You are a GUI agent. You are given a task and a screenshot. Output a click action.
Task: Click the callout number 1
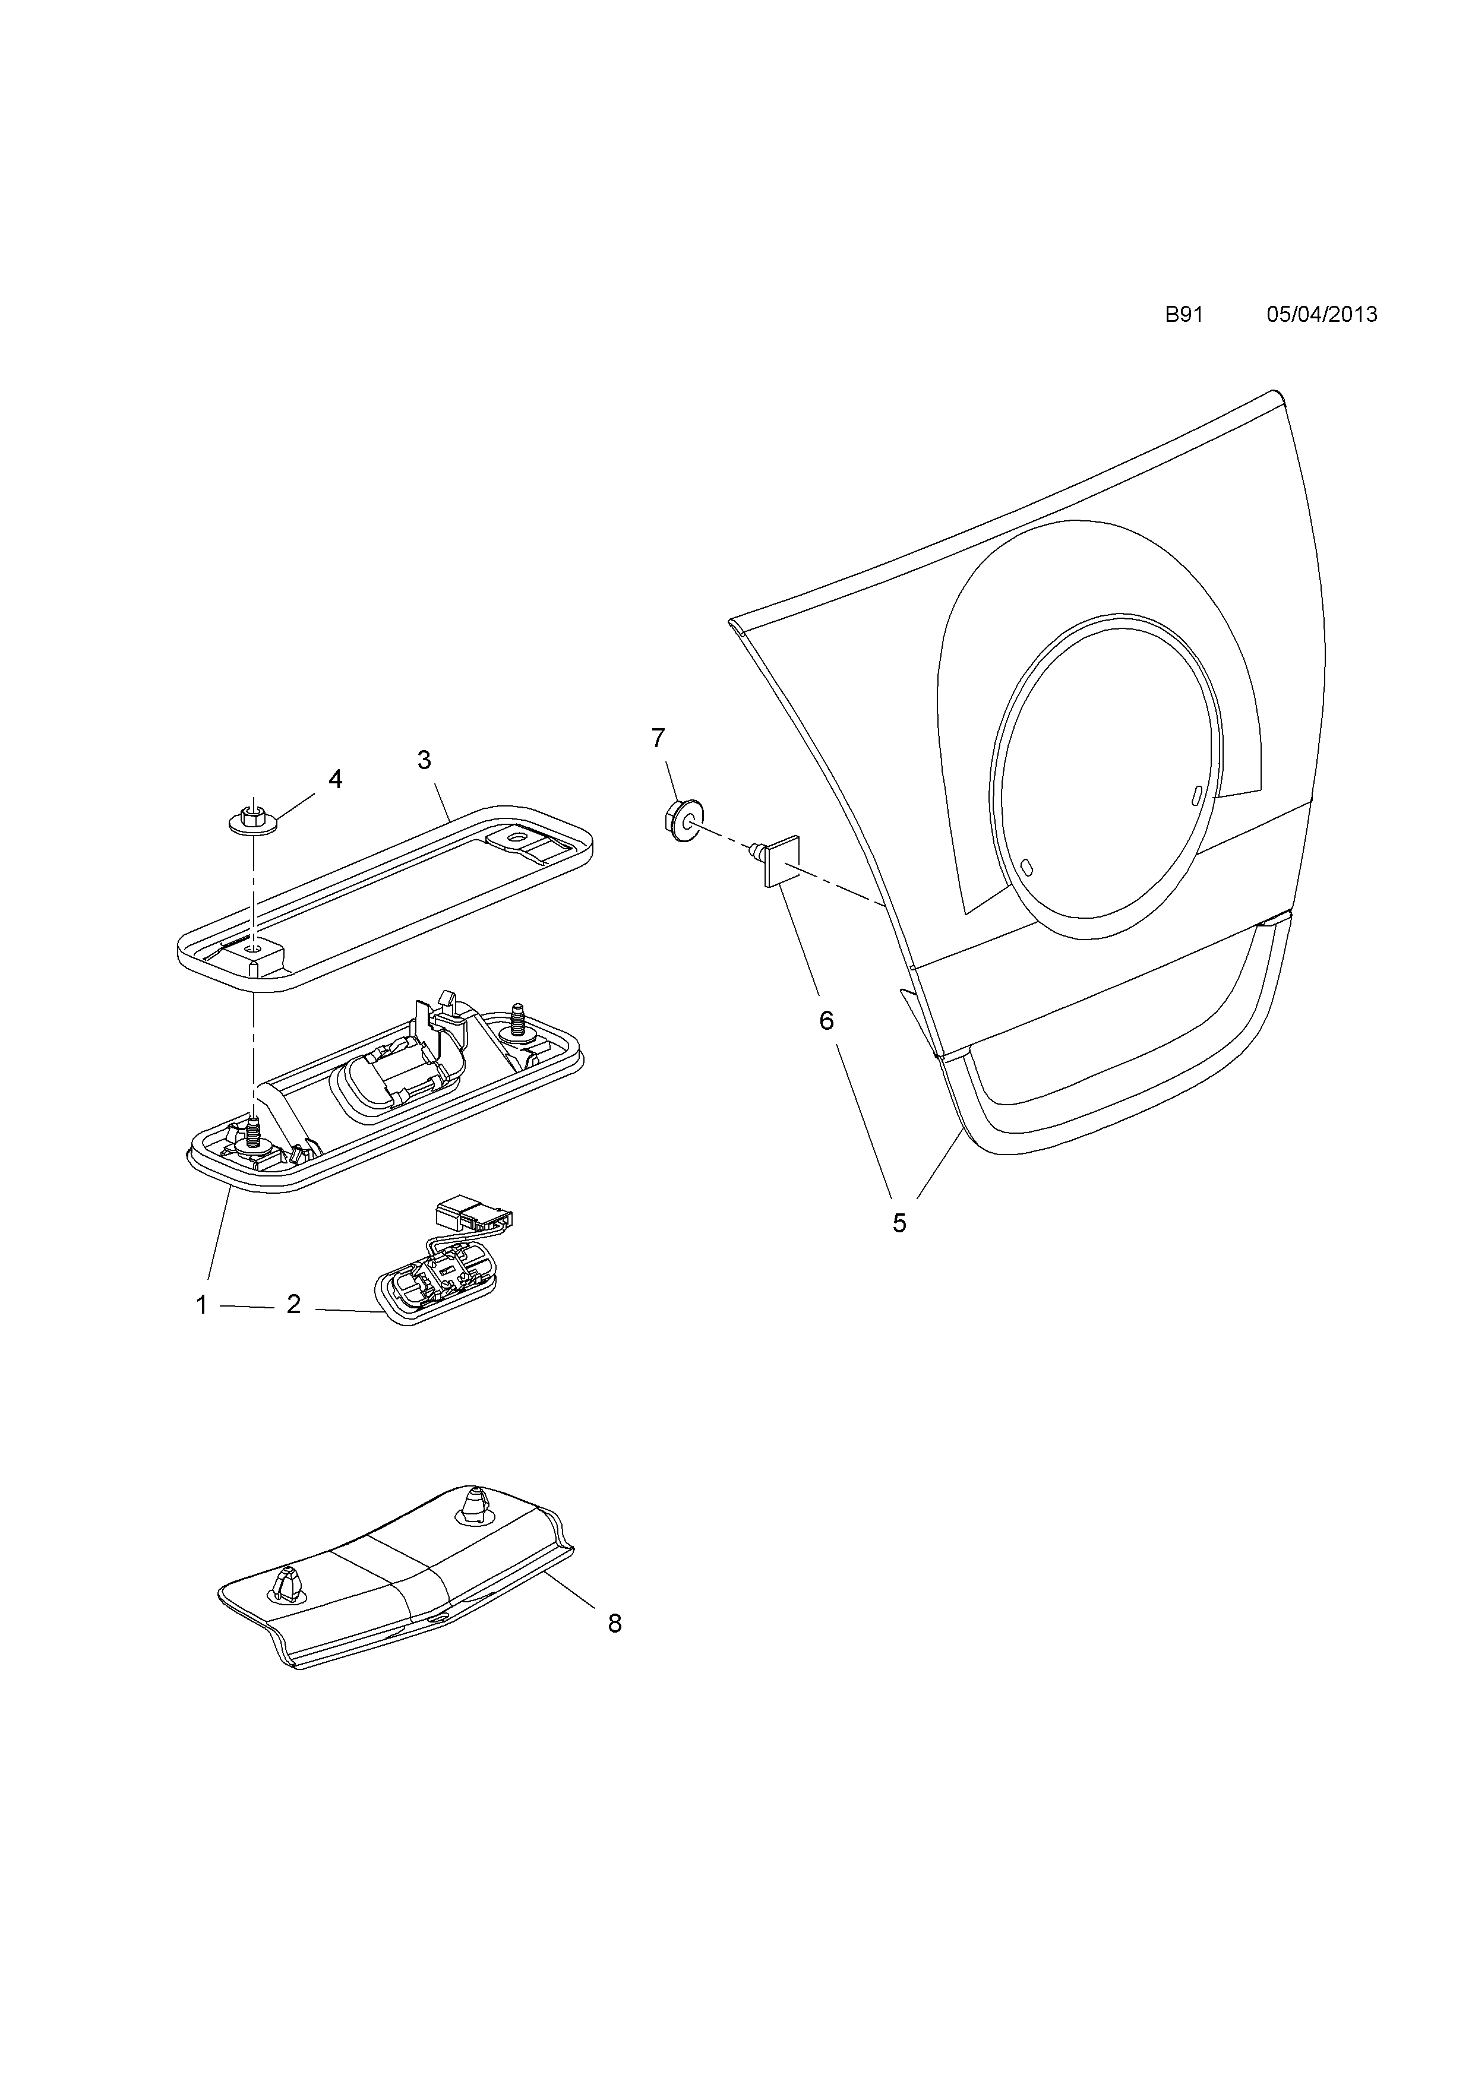201,1305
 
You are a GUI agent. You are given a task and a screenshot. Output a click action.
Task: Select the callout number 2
293,1305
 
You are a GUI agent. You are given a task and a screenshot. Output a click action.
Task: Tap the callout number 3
424,760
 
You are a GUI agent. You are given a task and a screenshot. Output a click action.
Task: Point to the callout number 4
336,779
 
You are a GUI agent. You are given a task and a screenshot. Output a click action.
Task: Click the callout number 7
658,739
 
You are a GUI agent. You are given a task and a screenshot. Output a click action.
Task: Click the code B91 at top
1184,315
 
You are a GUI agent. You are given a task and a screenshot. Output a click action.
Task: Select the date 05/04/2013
1322,315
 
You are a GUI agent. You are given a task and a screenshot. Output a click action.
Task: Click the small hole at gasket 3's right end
519,837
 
